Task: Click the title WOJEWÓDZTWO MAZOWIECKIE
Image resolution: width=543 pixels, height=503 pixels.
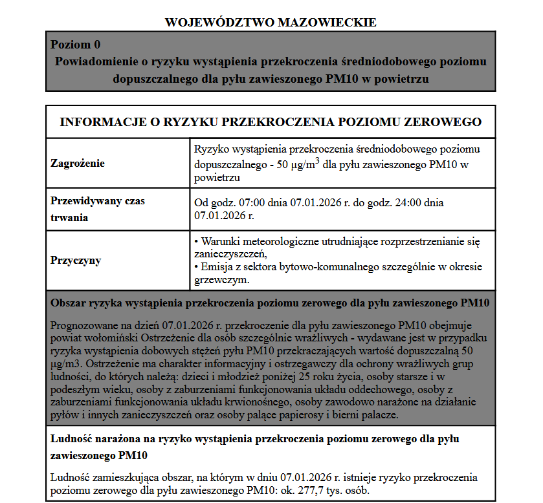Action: [271, 22]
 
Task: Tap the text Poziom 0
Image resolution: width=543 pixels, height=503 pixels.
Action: [76, 45]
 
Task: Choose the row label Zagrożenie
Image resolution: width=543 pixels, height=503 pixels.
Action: [78, 164]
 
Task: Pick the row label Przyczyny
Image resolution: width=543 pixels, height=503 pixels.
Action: [76, 261]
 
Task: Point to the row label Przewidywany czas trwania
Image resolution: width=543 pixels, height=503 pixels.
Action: [98, 209]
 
